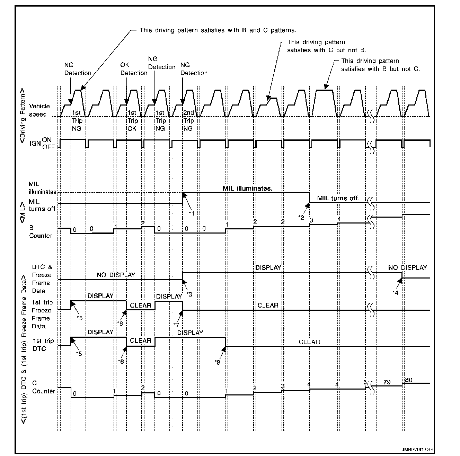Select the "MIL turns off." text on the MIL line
click(x=338, y=198)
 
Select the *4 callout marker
click(x=395, y=292)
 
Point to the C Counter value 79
click(x=387, y=382)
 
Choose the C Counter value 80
click(x=408, y=380)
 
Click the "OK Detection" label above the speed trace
click(x=134, y=69)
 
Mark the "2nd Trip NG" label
click(x=188, y=121)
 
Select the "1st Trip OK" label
click(x=133, y=121)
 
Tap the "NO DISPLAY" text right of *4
click(x=407, y=267)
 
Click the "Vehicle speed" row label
click(x=39, y=110)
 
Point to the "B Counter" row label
click(x=40, y=232)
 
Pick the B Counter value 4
click(x=339, y=219)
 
